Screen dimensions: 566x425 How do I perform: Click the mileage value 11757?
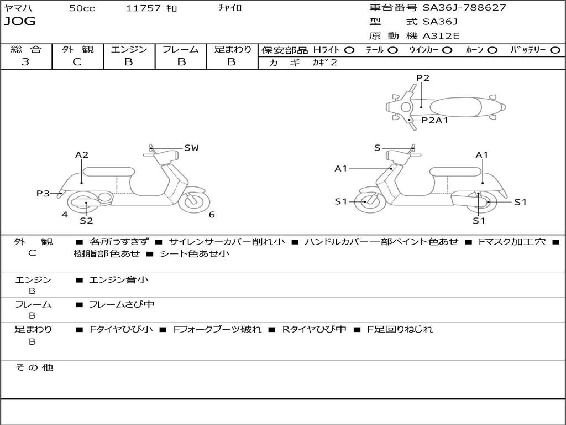click(143, 8)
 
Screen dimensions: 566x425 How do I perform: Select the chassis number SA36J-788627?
click(464, 8)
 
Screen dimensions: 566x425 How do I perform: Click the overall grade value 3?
click(25, 62)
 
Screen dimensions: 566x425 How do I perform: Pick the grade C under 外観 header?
click(77, 62)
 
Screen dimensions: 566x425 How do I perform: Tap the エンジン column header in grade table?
click(129, 50)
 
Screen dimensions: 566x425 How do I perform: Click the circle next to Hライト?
click(349, 50)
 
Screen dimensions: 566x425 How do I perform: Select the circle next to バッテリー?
click(555, 50)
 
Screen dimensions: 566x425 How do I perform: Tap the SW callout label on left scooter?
click(191, 148)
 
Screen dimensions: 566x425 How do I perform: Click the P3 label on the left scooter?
click(43, 193)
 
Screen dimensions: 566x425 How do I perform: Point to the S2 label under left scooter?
click(86, 221)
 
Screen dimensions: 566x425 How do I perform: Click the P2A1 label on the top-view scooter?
click(434, 120)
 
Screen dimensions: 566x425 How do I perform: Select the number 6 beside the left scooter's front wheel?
click(212, 215)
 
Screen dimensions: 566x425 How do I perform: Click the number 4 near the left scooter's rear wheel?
click(65, 215)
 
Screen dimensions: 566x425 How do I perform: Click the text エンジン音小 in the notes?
click(119, 280)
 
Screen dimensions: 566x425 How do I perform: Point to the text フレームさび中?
click(122, 304)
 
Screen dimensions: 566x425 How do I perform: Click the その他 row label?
click(34, 367)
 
